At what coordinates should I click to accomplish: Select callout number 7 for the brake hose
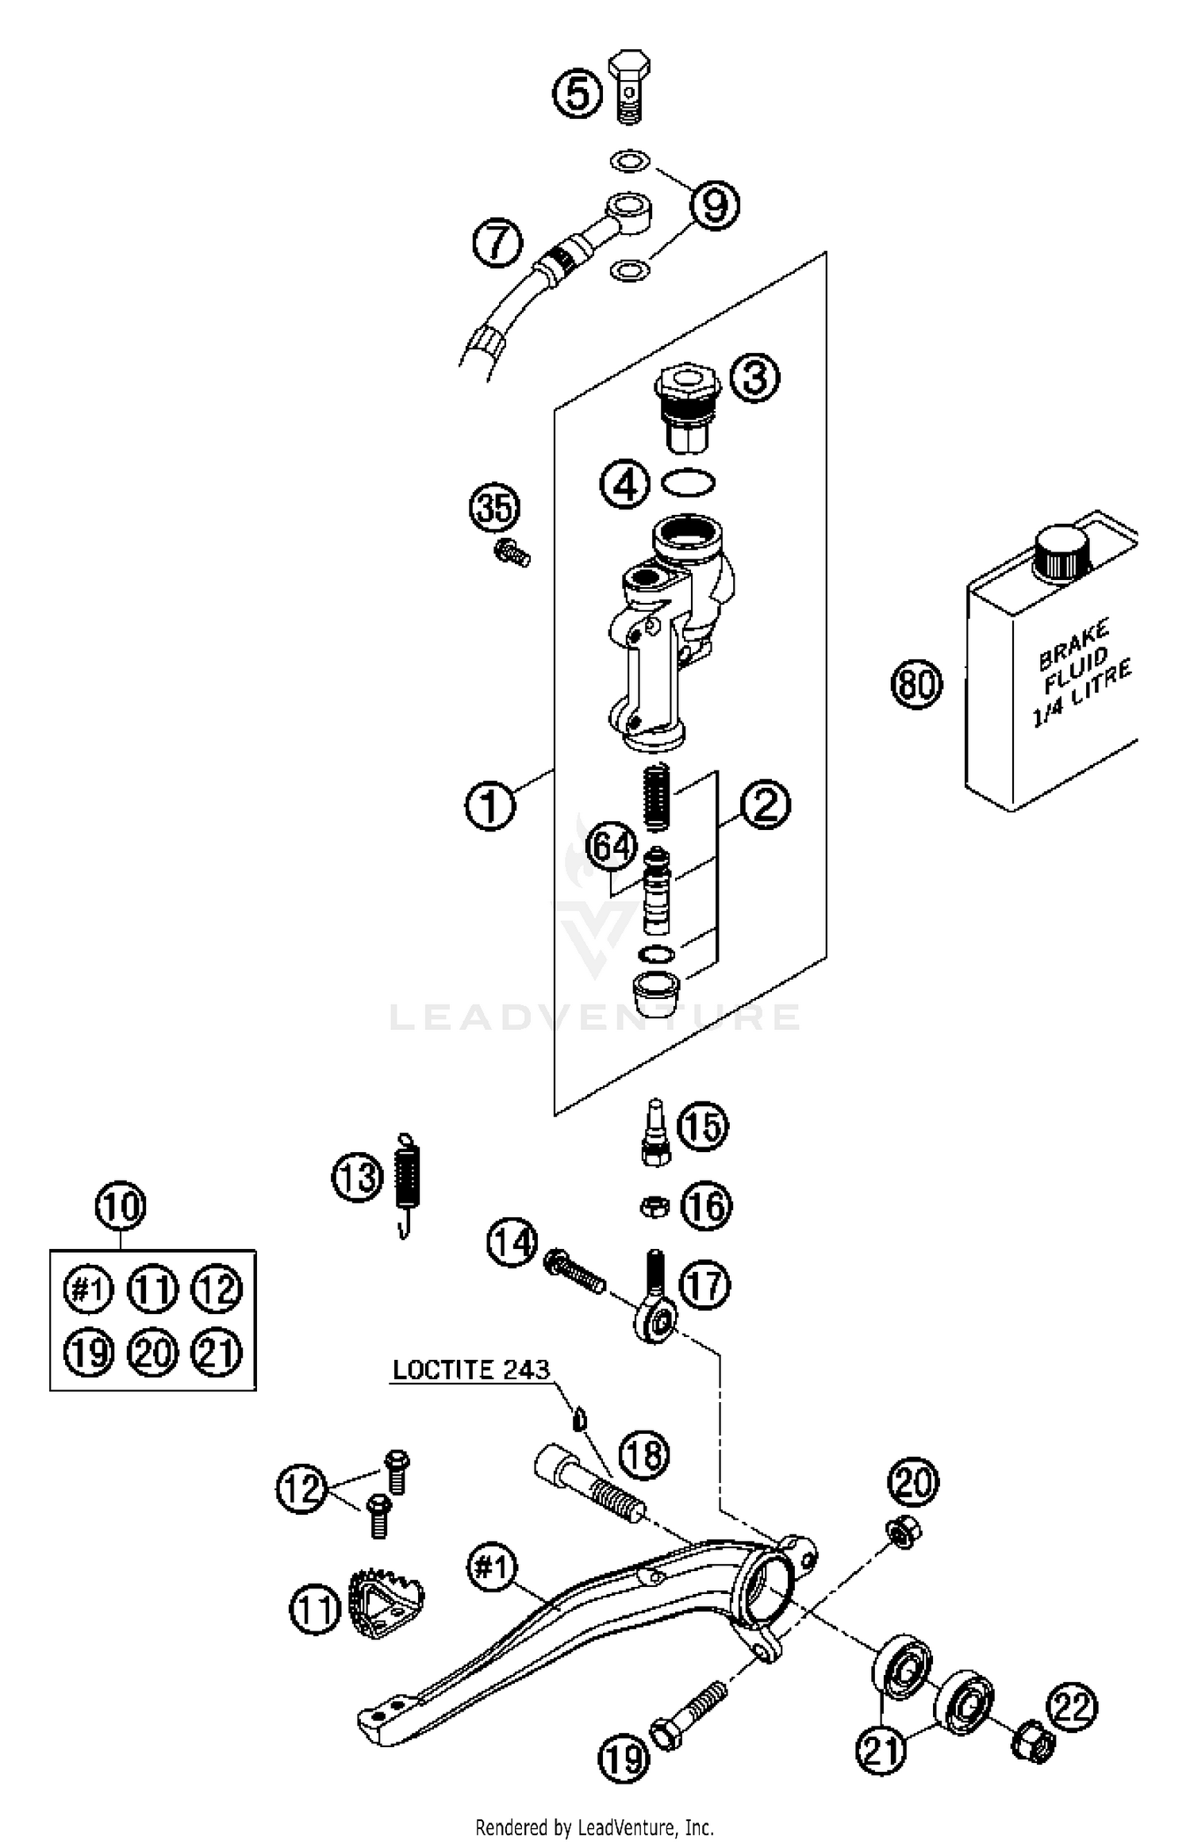497,243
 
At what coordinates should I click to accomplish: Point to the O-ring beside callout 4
687,482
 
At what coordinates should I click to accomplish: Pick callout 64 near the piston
612,847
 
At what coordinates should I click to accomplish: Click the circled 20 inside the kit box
153,1353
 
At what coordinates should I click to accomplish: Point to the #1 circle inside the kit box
88,1289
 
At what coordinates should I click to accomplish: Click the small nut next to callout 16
653,1207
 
